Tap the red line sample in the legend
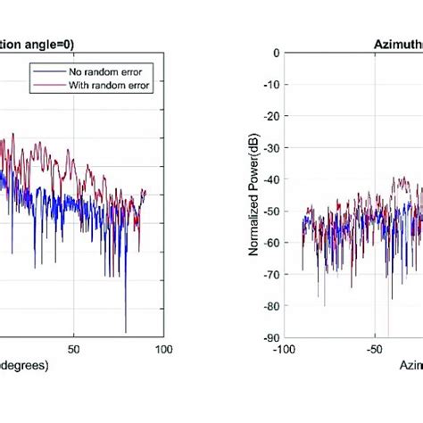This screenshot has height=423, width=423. click(x=46, y=86)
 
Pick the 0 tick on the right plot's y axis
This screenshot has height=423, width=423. click(x=273, y=53)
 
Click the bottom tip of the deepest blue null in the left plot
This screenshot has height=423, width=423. click(x=126, y=332)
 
